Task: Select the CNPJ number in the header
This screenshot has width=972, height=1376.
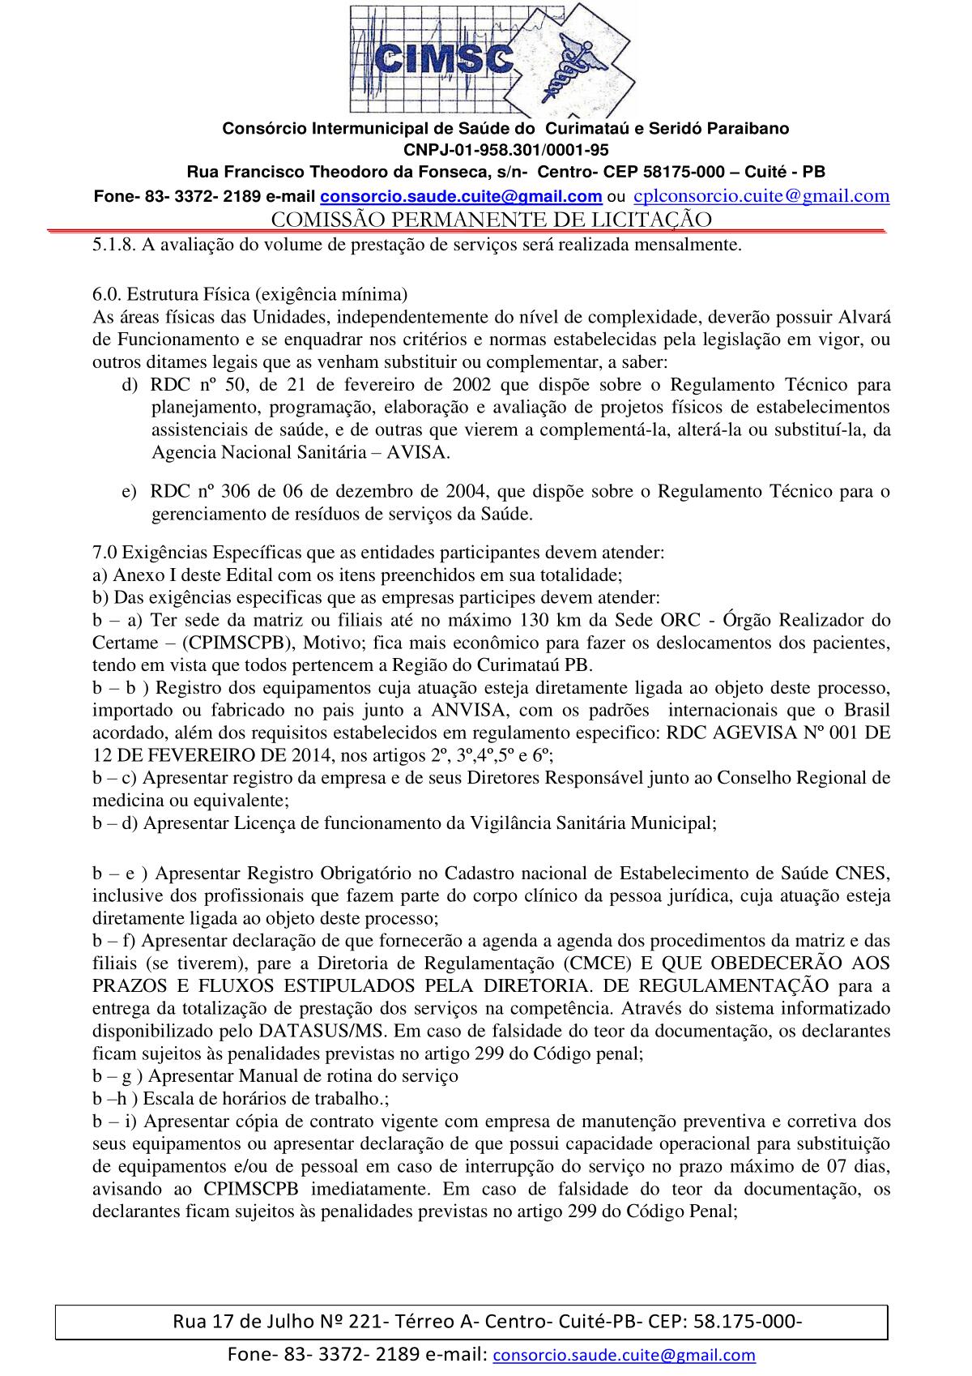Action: pos(506,150)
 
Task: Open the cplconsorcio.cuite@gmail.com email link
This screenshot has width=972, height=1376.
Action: pos(761,195)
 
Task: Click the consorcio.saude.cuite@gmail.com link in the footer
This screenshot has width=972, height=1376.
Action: pos(624,1354)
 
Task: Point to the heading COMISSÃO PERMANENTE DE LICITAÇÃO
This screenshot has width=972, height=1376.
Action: pos(491,220)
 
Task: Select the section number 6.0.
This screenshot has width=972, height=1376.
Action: pos(105,293)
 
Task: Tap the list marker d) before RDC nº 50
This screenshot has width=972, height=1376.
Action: pos(130,384)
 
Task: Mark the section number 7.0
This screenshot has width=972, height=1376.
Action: pos(105,553)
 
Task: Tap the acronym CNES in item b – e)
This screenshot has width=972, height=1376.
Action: pos(863,873)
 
